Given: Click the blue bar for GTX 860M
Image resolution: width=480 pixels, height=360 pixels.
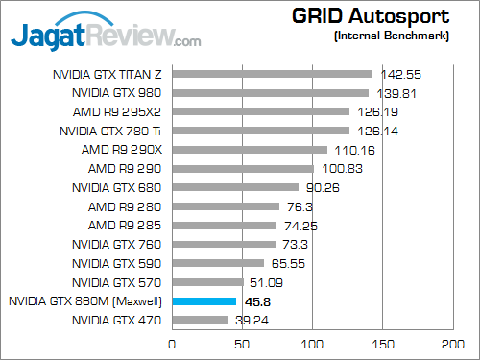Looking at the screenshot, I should (x=204, y=301).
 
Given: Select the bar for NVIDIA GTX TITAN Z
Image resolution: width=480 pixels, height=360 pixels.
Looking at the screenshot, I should (x=273, y=73).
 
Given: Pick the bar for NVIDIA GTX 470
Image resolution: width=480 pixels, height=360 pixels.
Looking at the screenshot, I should (x=200, y=320).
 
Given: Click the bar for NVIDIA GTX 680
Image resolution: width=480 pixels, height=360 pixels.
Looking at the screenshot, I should (x=235, y=187).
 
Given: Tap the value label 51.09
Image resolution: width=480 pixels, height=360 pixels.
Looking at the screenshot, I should (x=266, y=282).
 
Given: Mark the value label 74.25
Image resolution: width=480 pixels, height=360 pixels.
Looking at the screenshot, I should (x=299, y=225).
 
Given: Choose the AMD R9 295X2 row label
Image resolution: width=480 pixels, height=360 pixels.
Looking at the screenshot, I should (x=117, y=111).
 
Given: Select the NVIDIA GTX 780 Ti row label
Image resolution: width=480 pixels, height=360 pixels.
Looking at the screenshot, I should (x=111, y=131).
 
